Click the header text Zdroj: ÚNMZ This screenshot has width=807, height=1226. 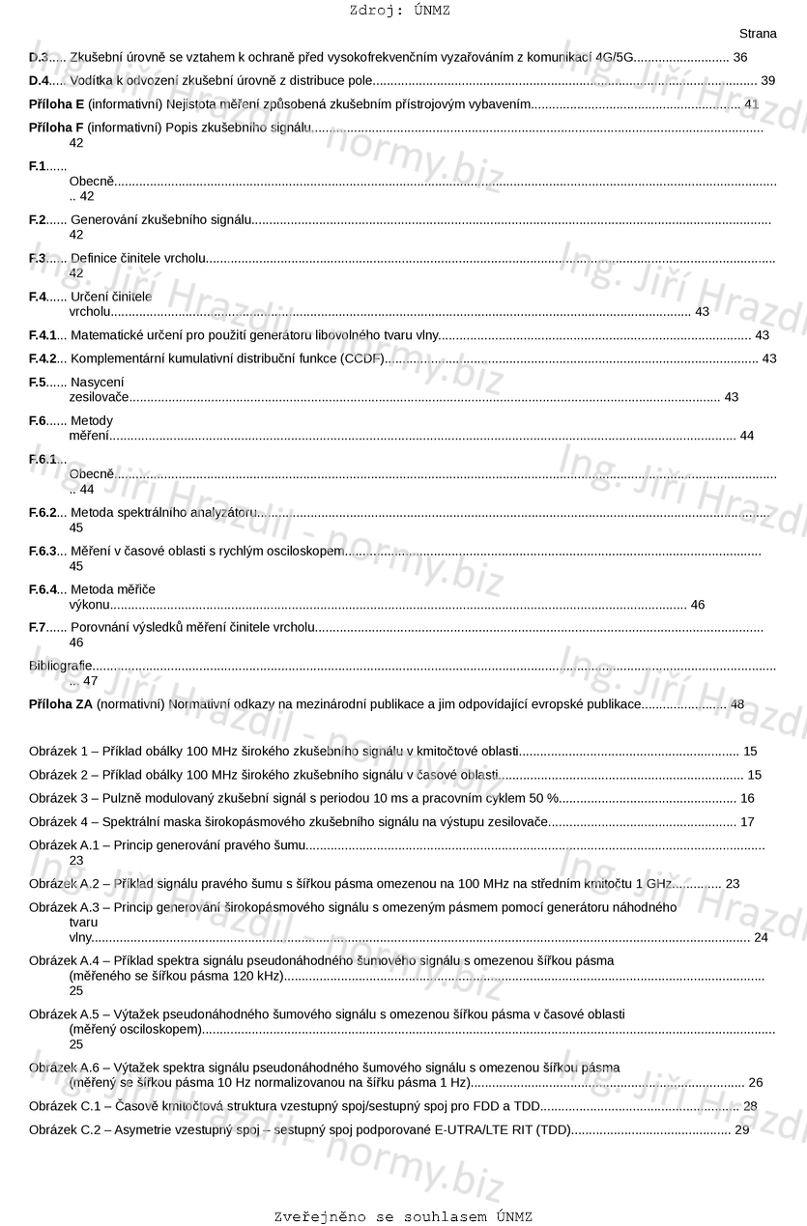(399, 11)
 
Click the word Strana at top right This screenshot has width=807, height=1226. (758, 34)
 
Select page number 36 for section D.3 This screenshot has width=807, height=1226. (740, 58)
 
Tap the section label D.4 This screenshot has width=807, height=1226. (39, 81)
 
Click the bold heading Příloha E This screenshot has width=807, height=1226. (56, 104)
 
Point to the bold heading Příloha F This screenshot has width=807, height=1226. (56, 128)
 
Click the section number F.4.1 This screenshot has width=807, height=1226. (43, 335)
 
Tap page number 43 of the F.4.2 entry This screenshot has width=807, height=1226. (769, 359)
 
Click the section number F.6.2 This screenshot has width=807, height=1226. (43, 513)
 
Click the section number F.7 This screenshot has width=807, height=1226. (38, 628)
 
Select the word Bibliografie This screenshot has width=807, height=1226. (60, 666)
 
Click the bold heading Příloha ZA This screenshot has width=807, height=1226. (61, 705)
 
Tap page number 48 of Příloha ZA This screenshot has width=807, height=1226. (737, 705)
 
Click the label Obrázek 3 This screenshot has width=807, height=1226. (58, 799)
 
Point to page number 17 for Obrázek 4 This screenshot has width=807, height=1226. (747, 822)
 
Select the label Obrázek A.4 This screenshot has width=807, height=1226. (65, 961)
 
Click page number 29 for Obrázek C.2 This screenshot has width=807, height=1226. (742, 1130)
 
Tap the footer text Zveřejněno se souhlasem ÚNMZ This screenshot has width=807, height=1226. (403, 1217)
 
